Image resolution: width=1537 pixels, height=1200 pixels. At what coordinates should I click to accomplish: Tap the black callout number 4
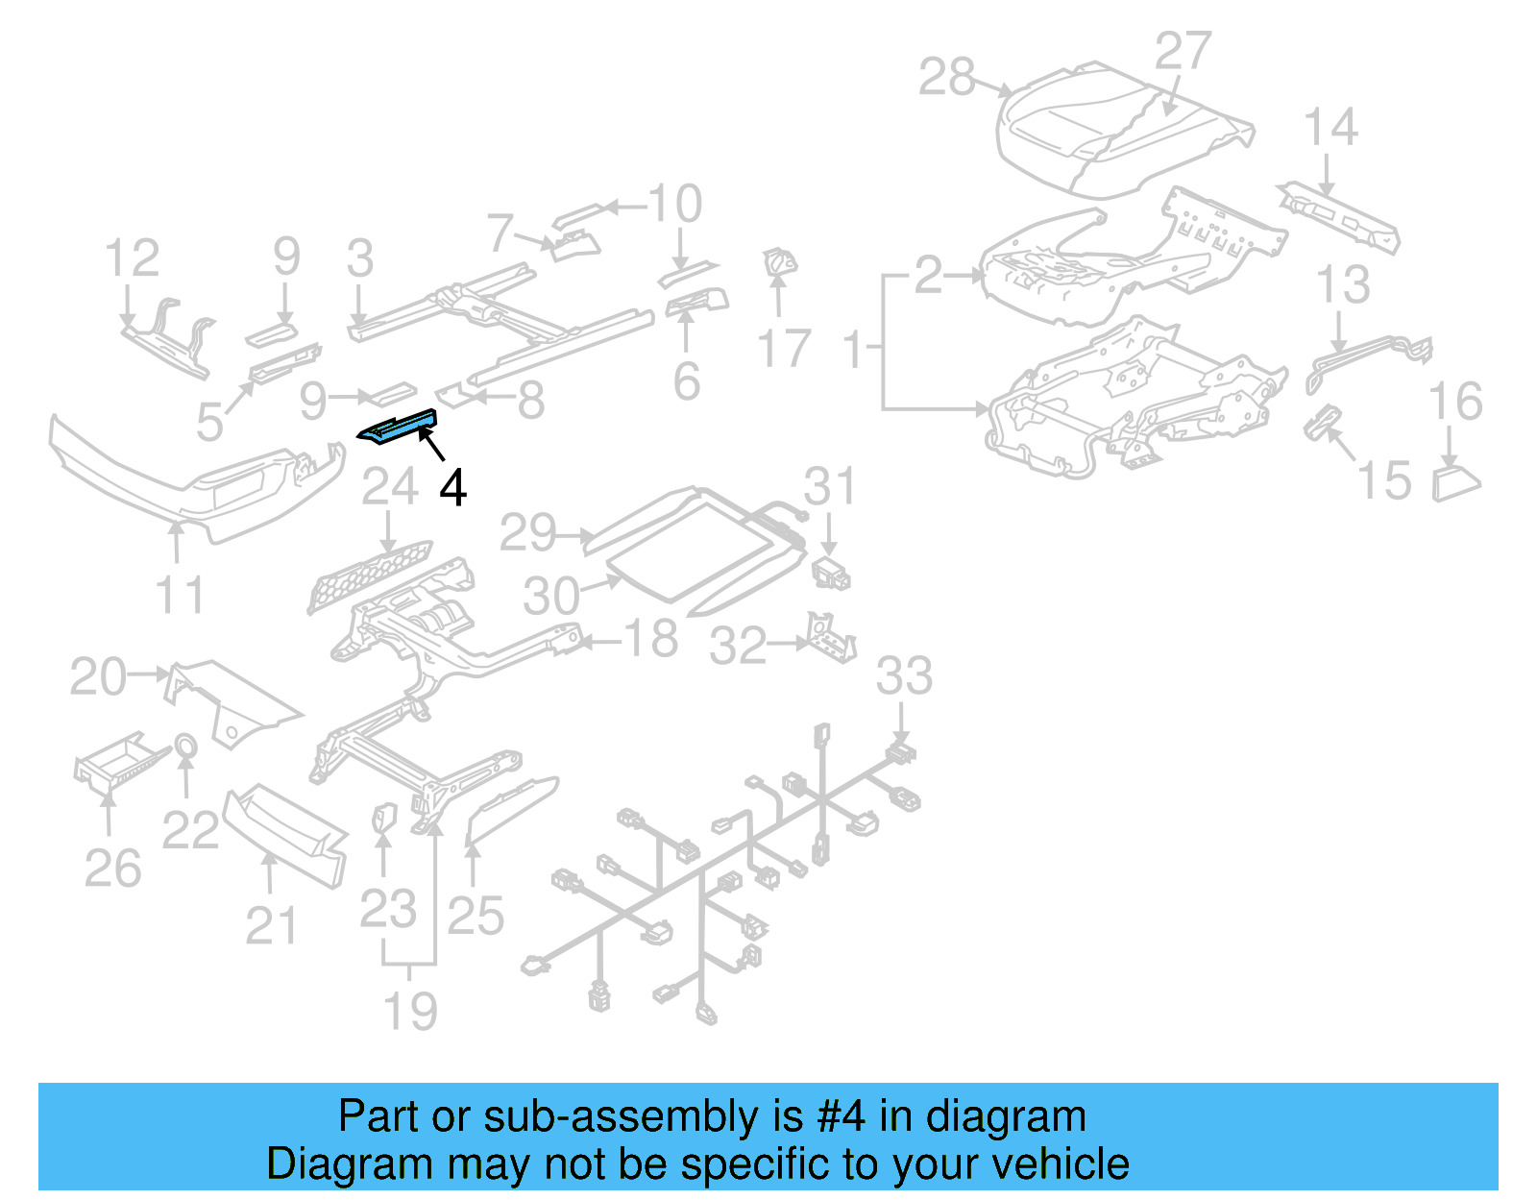tap(452, 488)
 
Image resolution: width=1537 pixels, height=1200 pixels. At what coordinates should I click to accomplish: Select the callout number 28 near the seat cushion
tap(946, 78)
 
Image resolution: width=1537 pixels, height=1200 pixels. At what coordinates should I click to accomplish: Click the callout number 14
tap(1330, 128)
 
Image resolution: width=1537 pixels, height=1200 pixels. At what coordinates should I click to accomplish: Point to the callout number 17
tap(784, 349)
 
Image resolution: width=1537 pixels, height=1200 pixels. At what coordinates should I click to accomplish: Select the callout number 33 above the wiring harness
tap(904, 676)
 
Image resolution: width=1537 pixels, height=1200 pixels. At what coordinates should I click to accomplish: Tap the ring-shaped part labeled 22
tap(185, 746)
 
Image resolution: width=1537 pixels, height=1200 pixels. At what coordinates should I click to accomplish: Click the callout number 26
tap(112, 869)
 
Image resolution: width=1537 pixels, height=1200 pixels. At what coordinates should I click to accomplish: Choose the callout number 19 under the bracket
tap(410, 1012)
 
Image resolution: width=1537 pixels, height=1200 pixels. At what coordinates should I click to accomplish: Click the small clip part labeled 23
tap(383, 818)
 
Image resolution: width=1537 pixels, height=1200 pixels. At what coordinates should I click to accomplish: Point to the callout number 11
tap(180, 596)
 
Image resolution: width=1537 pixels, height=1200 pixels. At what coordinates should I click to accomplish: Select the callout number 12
tap(132, 258)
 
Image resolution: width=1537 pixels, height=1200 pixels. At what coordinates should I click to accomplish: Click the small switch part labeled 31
tap(831, 574)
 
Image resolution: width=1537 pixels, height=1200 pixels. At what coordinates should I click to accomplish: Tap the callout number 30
tap(551, 597)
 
